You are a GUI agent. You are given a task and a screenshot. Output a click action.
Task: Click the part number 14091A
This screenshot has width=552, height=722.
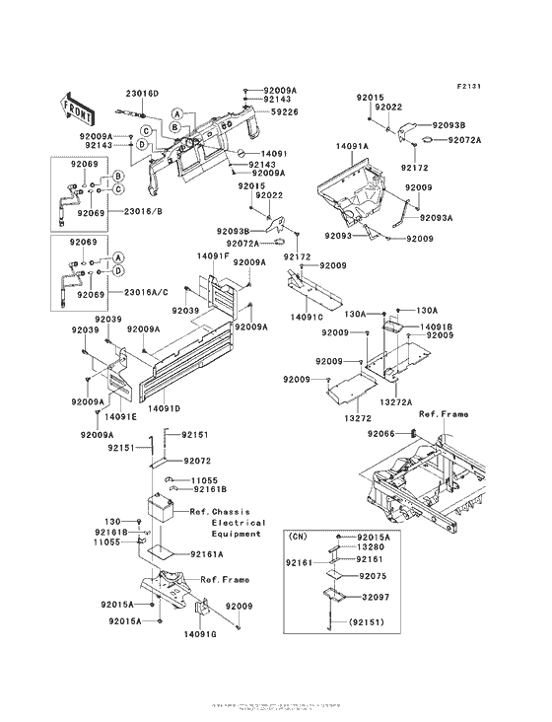(x=351, y=145)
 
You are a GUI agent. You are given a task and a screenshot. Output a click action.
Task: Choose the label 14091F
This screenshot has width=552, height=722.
(x=212, y=255)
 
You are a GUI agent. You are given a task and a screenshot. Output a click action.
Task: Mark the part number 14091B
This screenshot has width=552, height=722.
(x=436, y=325)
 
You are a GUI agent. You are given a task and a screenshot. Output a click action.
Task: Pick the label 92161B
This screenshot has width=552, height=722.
(x=210, y=489)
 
